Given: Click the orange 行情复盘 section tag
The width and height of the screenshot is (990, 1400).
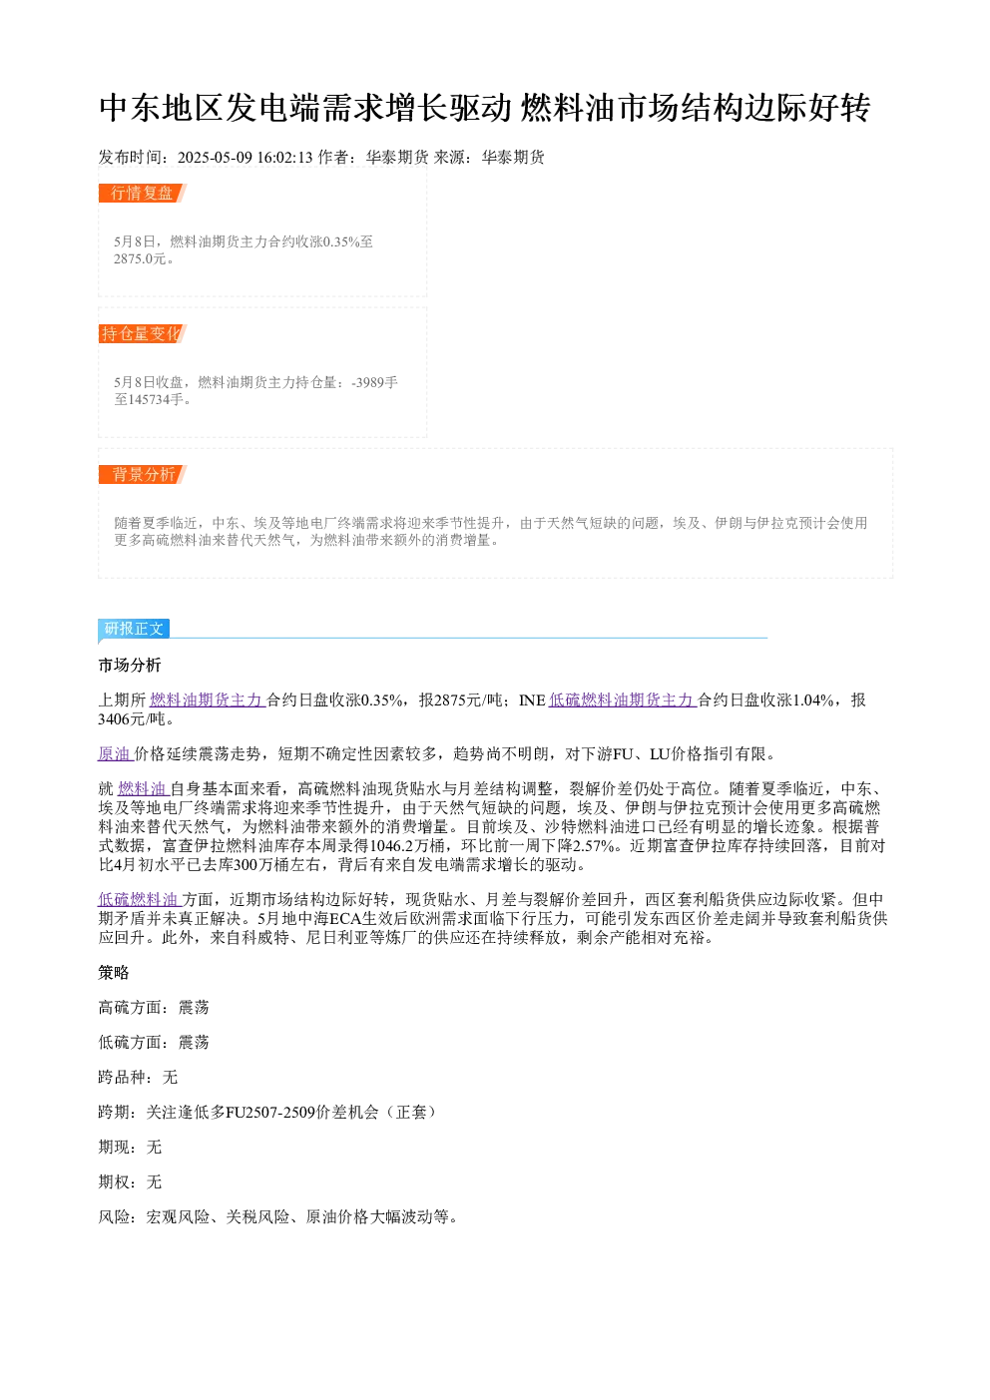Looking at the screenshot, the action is pos(142,194).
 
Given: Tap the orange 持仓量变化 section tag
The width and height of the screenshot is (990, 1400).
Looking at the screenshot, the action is pos(142,333).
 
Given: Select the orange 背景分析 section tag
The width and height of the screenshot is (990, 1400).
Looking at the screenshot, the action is pos(142,474).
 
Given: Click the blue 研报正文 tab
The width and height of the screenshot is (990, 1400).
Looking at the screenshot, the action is pos(134,628).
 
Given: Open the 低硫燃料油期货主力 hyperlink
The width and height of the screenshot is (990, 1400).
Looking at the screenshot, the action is pos(623,700).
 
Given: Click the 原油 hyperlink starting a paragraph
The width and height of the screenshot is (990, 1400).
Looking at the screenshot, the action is pos(115,753).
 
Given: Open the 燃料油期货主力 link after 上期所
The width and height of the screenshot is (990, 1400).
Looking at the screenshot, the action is pos(207,700).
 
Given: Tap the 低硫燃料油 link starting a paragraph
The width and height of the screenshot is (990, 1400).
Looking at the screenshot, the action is pos(139,899).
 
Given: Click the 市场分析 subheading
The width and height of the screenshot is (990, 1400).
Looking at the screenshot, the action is pos(130,665).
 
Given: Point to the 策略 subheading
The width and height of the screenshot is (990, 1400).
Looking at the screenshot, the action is pos(114,973).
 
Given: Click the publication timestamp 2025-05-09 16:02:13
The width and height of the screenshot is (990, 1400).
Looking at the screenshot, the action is pos(245,157).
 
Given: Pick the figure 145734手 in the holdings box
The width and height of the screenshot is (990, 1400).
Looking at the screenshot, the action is pos(152,399).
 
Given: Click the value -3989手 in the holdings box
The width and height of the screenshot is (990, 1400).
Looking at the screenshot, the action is pos(374,382).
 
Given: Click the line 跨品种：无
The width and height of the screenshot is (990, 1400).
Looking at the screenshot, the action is pos(138,1078).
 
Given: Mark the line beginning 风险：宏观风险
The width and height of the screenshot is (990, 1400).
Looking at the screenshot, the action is pos(278,1217).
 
